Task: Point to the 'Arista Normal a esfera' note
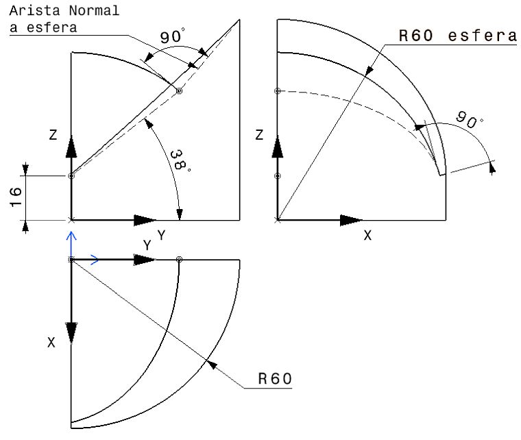(64, 19)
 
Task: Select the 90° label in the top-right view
(470, 121)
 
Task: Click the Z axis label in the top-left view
(53, 135)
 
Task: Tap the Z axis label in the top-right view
(258, 135)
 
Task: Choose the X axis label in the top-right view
(367, 235)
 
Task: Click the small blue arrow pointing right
(95, 260)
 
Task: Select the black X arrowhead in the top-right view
(350, 221)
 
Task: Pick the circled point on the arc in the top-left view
(179, 91)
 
